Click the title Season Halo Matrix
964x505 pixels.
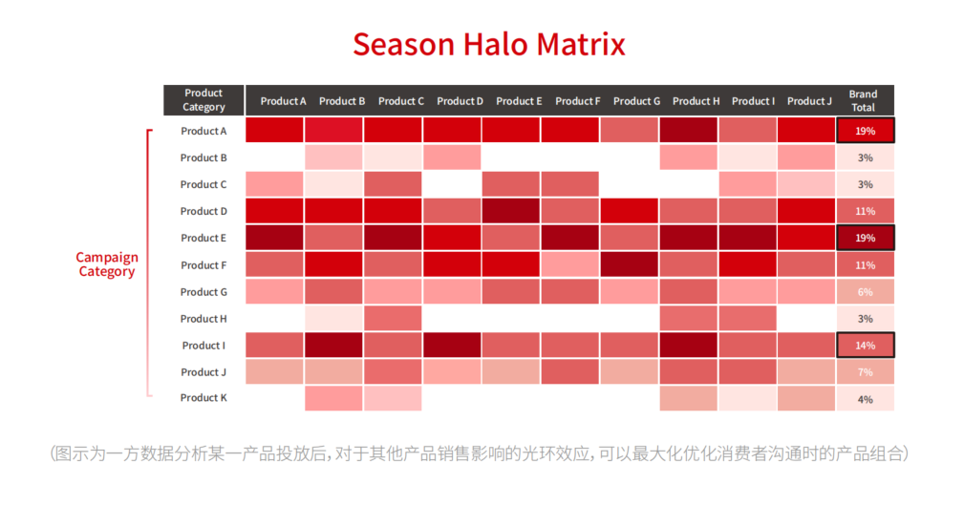click(489, 44)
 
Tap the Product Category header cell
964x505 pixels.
click(204, 100)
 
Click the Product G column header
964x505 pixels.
click(636, 101)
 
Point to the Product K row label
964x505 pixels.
click(204, 398)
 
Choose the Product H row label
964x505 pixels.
click(204, 319)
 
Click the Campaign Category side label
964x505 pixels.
click(107, 264)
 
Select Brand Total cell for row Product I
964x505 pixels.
click(865, 346)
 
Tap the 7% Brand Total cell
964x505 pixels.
click(865, 372)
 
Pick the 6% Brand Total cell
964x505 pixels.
click(865, 292)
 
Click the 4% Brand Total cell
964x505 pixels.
click(865, 399)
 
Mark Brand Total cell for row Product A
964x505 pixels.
click(865, 130)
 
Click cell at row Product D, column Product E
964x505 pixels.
click(511, 211)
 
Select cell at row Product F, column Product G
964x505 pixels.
click(629, 264)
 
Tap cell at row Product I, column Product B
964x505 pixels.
click(333, 346)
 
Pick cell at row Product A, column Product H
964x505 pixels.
click(688, 130)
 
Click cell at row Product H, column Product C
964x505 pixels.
click(393, 318)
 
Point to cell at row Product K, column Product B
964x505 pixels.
click(333, 399)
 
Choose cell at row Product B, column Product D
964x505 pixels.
click(452, 158)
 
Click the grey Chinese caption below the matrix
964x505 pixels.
click(480, 454)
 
